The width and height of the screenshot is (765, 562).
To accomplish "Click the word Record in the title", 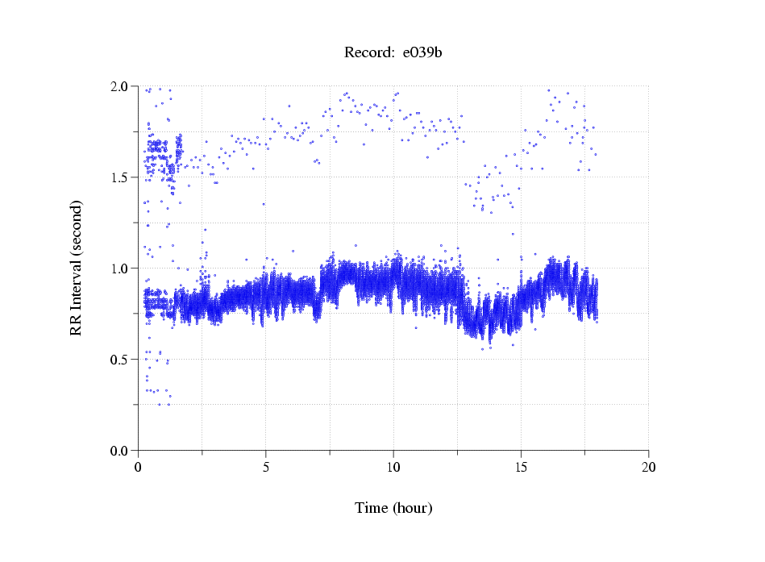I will (367, 53).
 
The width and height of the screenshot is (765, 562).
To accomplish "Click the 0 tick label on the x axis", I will (139, 467).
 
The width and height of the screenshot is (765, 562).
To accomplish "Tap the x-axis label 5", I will (266, 467).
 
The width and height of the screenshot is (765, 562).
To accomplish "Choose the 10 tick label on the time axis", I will (393, 467).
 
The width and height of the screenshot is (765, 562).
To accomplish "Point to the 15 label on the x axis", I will (521, 467).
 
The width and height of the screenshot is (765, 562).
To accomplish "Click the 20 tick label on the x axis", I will (648, 467).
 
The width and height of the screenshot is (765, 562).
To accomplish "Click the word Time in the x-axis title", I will (371, 509).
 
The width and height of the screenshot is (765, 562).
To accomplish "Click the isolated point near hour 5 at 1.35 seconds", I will (263, 204).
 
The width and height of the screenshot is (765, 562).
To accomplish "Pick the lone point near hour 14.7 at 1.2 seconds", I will (513, 235).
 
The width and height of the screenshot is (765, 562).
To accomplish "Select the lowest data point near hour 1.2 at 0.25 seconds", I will (168, 404).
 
